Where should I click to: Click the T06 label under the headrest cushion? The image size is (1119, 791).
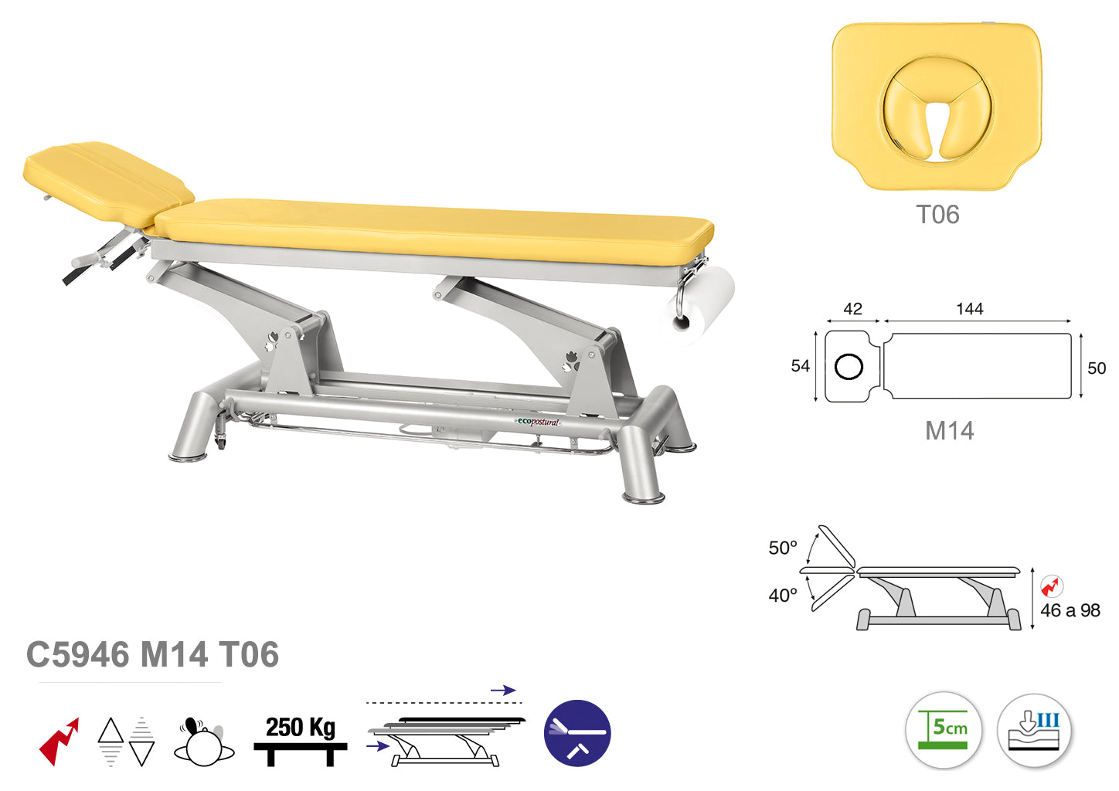click(937, 215)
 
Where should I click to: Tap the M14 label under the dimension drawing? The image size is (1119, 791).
click(949, 431)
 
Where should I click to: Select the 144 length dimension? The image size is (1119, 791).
click(970, 309)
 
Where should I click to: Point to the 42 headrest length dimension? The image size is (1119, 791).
click(852, 309)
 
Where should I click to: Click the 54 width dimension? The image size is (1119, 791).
click(801, 366)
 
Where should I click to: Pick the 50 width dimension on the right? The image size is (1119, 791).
click(1097, 368)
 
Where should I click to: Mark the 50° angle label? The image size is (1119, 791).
click(783, 548)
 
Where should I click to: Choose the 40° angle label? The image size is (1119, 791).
click(783, 596)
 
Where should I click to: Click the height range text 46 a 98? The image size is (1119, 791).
click(1070, 611)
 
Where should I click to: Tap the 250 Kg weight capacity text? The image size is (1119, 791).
click(301, 728)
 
